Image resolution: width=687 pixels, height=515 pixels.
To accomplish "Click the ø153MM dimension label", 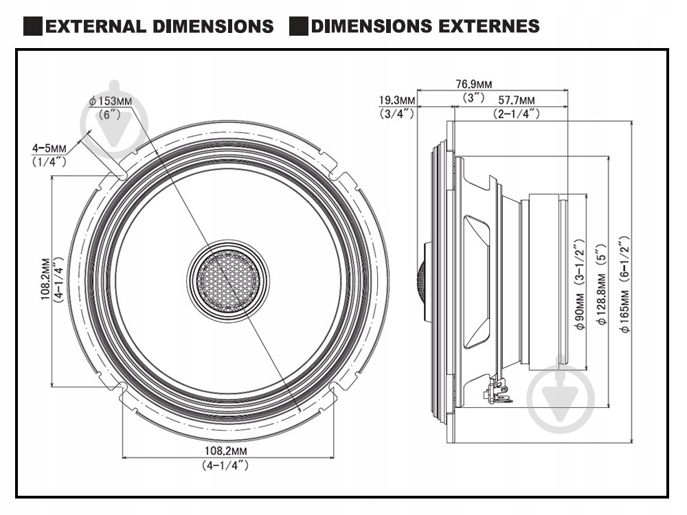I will pos(109,102).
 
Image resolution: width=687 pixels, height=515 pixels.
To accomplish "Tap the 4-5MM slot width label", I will pos(49,148).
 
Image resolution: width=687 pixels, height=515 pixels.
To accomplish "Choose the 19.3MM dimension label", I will pos(397,101).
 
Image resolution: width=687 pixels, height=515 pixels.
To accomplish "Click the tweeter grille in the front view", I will pos(228,281).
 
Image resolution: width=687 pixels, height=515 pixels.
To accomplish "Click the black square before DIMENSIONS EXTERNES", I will pos(297,27).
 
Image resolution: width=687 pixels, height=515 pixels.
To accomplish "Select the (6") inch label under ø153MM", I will pos(110,114).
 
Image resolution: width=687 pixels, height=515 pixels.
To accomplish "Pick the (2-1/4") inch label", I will pos(517,114).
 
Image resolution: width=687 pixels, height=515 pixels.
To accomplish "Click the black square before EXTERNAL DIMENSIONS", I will pos(32,27).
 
